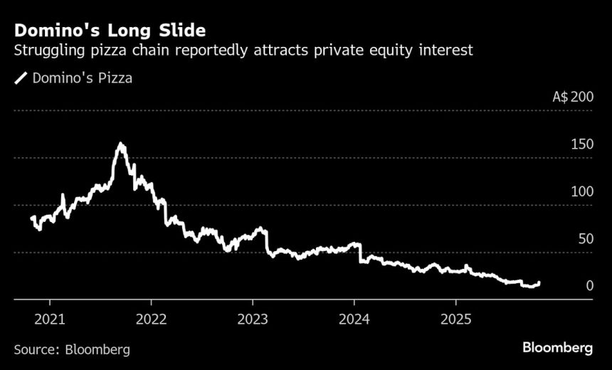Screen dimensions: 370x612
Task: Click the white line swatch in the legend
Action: [x=21, y=78]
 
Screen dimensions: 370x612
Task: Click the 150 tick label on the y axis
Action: [x=582, y=144]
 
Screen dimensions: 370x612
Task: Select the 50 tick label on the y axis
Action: [x=586, y=238]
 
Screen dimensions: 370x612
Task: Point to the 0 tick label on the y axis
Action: [x=589, y=285]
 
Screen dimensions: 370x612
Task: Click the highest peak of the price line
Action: [x=121, y=144]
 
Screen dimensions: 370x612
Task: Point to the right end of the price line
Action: [x=539, y=282]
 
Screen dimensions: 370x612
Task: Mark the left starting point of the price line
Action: [x=32, y=218]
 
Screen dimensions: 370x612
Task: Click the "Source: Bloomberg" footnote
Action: [x=72, y=349]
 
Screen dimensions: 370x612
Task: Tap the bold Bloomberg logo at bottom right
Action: [x=558, y=348]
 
